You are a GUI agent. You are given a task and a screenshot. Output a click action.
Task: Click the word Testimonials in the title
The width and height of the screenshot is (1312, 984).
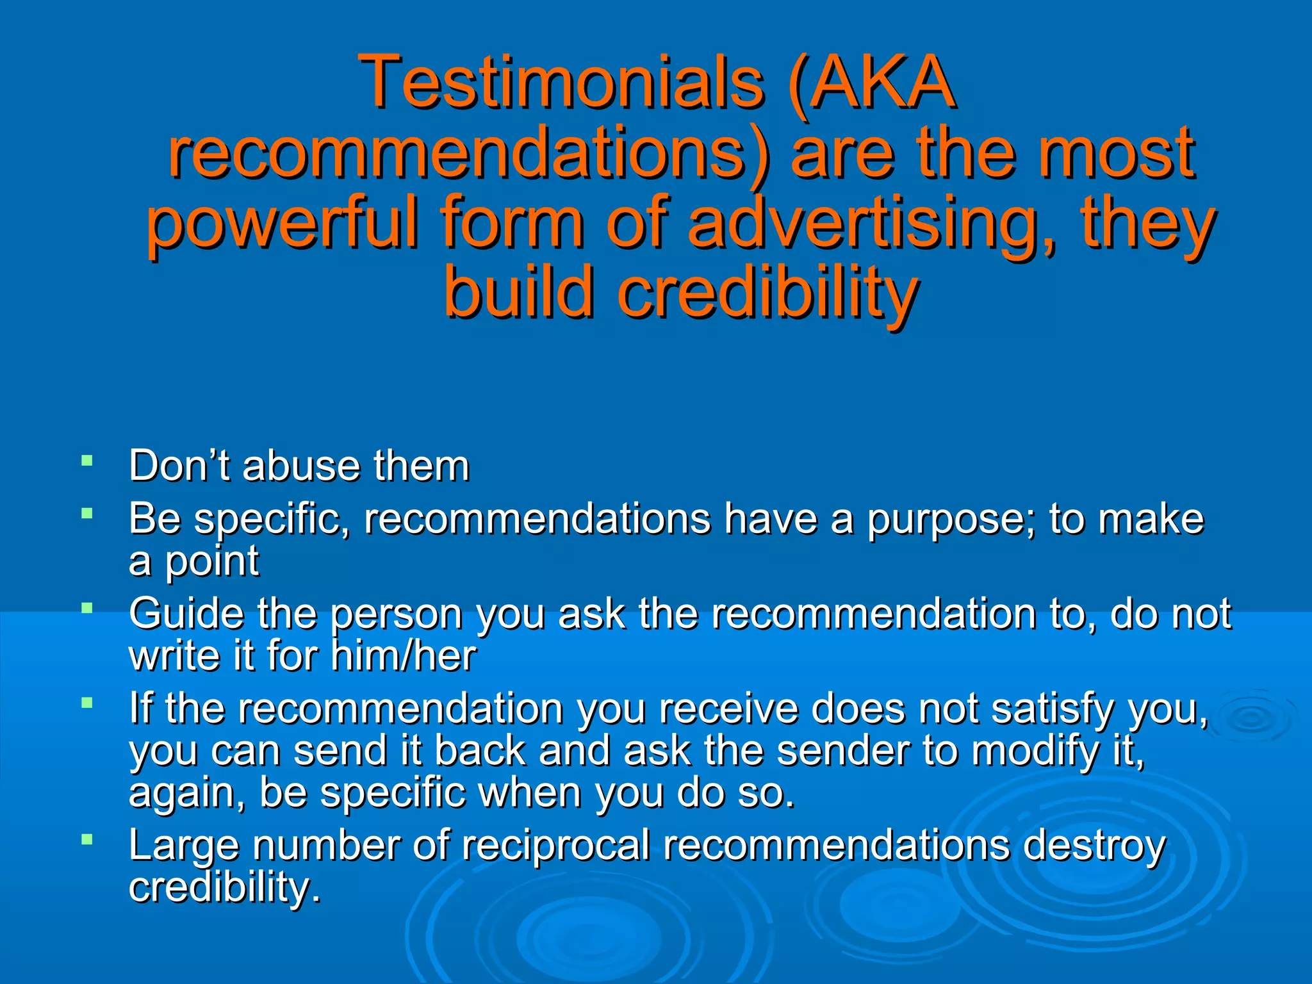(561, 82)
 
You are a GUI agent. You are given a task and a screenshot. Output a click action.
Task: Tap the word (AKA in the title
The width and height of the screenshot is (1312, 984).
(872, 82)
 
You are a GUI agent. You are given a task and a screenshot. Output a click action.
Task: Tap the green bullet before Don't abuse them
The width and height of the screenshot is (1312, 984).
(87, 460)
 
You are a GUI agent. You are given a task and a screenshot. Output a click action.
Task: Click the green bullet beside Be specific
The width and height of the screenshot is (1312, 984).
(87, 512)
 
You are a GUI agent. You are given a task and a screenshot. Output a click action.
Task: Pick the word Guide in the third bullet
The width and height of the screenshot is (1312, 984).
(186, 613)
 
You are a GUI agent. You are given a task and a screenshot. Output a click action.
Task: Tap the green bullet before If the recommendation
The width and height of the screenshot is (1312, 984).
(87, 703)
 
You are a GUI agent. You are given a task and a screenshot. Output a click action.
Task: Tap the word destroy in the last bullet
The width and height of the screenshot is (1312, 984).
(1094, 846)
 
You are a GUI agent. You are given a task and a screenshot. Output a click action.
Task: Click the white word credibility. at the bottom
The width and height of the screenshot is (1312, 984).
(224, 888)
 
